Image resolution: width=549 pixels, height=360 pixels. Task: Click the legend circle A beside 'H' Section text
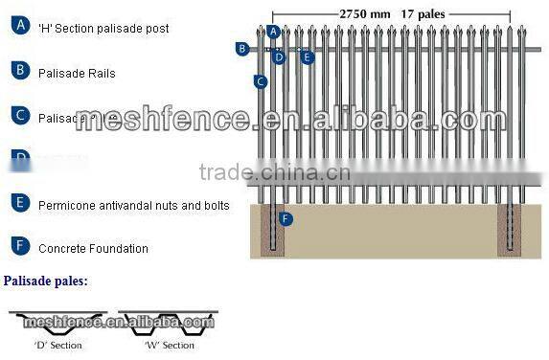[19, 27]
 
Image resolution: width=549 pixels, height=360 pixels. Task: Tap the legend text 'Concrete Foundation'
[93, 249]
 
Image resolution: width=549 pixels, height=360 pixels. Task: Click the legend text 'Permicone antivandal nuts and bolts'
[133, 205]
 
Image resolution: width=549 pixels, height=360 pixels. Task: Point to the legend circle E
[19, 203]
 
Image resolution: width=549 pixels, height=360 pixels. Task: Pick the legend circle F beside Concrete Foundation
[19, 246]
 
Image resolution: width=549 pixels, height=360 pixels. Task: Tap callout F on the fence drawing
[285, 219]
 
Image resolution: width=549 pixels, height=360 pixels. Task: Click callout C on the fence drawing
[260, 82]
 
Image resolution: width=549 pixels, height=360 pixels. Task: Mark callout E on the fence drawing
[307, 57]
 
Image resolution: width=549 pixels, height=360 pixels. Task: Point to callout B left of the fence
[242, 48]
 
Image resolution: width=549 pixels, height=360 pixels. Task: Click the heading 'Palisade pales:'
[45, 281]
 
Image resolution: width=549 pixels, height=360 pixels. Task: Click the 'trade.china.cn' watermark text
[275, 173]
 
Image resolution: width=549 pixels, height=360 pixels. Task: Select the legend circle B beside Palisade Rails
[19, 70]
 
